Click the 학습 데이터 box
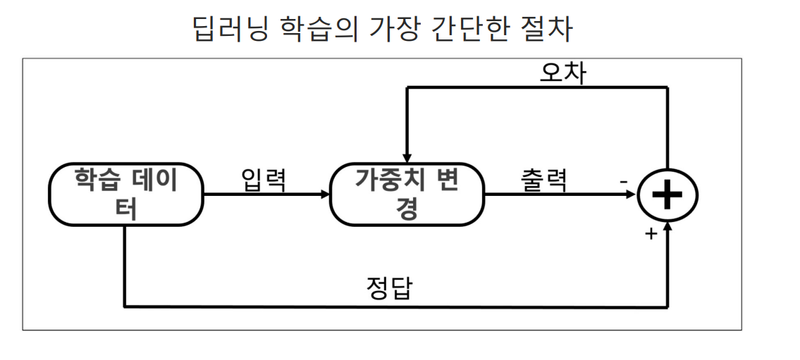125,194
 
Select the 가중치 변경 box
407,194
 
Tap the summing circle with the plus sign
667,195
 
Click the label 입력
263,180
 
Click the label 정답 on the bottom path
388,289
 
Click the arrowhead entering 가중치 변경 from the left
325,194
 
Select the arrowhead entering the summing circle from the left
632,194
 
